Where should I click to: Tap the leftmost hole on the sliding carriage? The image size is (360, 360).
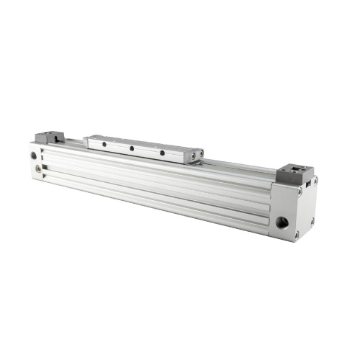104,144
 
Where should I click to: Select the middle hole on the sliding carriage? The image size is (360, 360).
132,148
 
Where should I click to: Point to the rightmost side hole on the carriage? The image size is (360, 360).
162,153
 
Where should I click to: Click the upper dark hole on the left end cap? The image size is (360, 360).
34,155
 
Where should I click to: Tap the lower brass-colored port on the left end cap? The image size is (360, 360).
38,170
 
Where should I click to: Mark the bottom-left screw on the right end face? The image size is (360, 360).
296,235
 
